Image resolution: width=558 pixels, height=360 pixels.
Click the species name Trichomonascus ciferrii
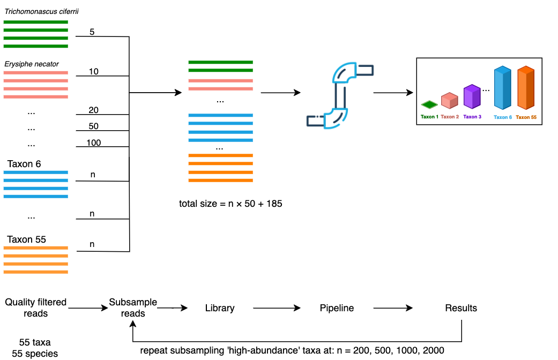point(41,11)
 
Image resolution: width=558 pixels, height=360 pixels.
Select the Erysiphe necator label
point(31,64)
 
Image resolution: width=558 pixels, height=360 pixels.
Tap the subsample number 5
point(92,32)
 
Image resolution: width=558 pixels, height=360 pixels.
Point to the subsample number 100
point(94,142)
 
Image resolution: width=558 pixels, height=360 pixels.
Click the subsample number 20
point(94,110)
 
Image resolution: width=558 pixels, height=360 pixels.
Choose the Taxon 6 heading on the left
point(24,164)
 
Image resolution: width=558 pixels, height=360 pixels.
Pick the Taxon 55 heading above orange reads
point(26,239)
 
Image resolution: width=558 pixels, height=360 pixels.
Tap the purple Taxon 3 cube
point(472,96)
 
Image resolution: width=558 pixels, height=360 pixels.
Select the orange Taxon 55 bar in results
point(526,87)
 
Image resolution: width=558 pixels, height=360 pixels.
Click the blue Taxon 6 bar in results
point(502,87)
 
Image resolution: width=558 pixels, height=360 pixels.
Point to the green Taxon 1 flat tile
point(429,104)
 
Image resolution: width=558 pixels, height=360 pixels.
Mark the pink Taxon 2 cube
point(450,100)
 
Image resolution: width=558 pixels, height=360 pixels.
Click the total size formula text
point(230,204)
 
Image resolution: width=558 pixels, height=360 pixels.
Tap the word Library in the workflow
point(220,308)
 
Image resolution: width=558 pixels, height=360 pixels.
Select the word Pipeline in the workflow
point(337,308)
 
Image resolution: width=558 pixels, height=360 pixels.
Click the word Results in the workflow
point(461,308)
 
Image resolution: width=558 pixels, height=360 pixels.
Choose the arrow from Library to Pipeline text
point(277,308)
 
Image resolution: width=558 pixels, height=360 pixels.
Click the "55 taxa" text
point(35,342)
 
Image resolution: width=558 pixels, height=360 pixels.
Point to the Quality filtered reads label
point(35,307)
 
